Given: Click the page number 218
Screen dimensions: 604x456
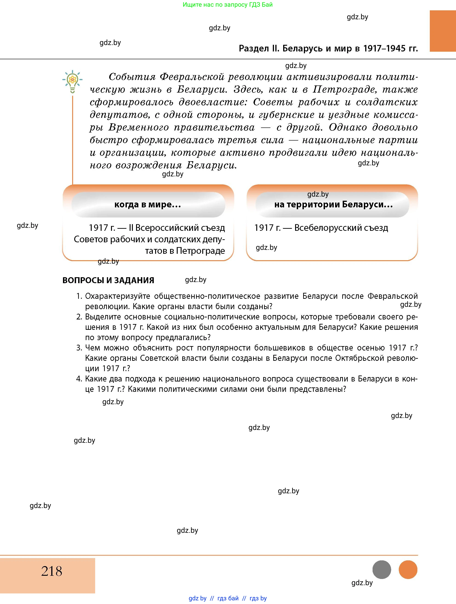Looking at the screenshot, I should (x=52, y=571).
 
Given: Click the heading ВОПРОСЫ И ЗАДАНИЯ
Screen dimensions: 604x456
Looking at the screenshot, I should (x=108, y=280).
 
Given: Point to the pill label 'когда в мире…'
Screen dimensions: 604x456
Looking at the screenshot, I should (x=148, y=205).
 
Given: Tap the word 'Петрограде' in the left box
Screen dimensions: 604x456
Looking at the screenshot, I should (x=201, y=251).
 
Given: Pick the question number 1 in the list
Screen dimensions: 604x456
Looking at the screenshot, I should (x=79, y=296).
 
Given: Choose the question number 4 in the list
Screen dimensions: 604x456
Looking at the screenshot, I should (x=79, y=379).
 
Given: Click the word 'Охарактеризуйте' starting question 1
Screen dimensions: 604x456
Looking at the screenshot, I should (x=117, y=296).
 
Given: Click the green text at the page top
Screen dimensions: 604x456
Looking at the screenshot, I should (x=228, y=5).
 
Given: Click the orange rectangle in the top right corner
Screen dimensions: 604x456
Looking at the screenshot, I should (x=443, y=31).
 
